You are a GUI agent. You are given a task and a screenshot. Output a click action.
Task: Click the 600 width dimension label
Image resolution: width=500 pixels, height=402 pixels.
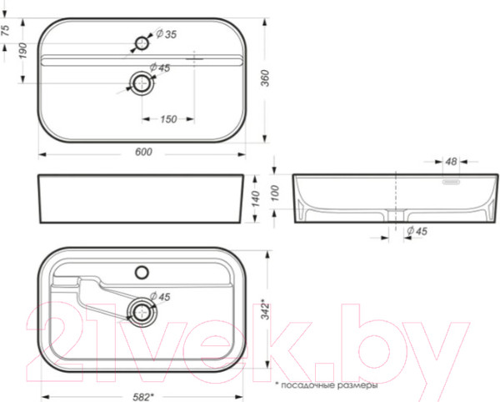click(143, 152)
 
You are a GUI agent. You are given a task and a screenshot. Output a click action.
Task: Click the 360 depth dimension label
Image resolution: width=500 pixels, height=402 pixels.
click(265, 78)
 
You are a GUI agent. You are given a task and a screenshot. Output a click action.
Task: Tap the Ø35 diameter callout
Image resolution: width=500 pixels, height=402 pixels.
click(166, 34)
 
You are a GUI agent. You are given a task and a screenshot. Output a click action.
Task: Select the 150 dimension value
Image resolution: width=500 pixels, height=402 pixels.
click(168, 119)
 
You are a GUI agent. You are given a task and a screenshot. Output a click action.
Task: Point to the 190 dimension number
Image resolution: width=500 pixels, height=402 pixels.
click(23, 51)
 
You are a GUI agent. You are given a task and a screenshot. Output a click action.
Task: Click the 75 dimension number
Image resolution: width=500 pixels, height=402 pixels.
click(6, 30)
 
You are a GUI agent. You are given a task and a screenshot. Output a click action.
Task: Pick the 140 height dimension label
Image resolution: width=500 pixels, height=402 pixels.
click(256, 198)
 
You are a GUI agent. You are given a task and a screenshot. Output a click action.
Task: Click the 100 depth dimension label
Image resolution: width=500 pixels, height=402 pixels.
click(275, 193)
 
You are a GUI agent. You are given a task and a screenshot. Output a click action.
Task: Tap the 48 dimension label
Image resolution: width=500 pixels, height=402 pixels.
click(451, 162)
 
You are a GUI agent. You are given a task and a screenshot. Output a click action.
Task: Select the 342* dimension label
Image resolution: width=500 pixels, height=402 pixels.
click(265, 309)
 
